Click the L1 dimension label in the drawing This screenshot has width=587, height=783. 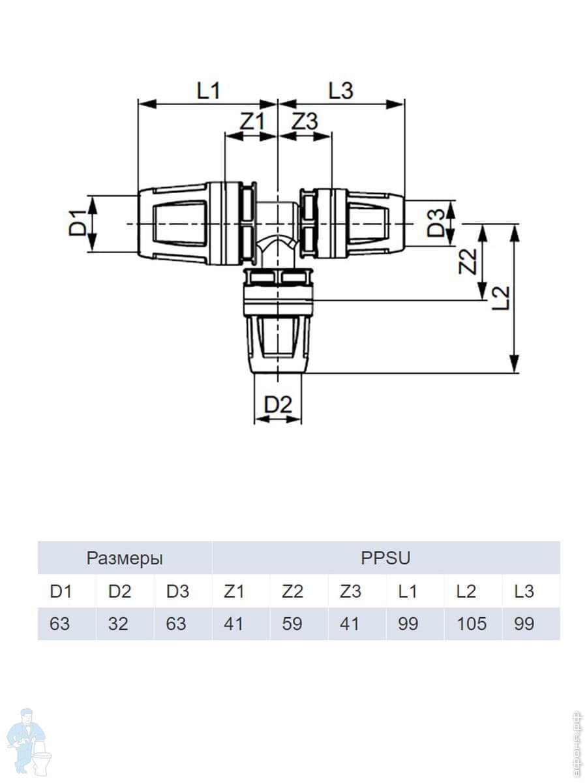[208, 91]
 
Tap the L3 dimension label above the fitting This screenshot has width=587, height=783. [340, 91]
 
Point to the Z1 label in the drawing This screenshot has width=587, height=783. [251, 122]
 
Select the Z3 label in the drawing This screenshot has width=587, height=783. [304, 122]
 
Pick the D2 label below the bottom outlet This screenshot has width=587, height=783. [278, 405]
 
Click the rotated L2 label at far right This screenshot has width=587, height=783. [501, 299]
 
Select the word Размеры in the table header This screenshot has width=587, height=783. [125, 559]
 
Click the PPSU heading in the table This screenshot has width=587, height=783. [385, 559]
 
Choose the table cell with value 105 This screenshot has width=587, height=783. [472, 624]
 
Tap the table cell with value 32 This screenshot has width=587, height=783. [118, 624]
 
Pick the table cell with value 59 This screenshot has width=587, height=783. [292, 624]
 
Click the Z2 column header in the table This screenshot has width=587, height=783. [292, 592]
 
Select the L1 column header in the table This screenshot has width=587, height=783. [408, 592]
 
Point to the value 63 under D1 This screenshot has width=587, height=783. [59, 624]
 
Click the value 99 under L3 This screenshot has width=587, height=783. [524, 624]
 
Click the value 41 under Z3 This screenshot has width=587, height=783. [350, 624]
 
